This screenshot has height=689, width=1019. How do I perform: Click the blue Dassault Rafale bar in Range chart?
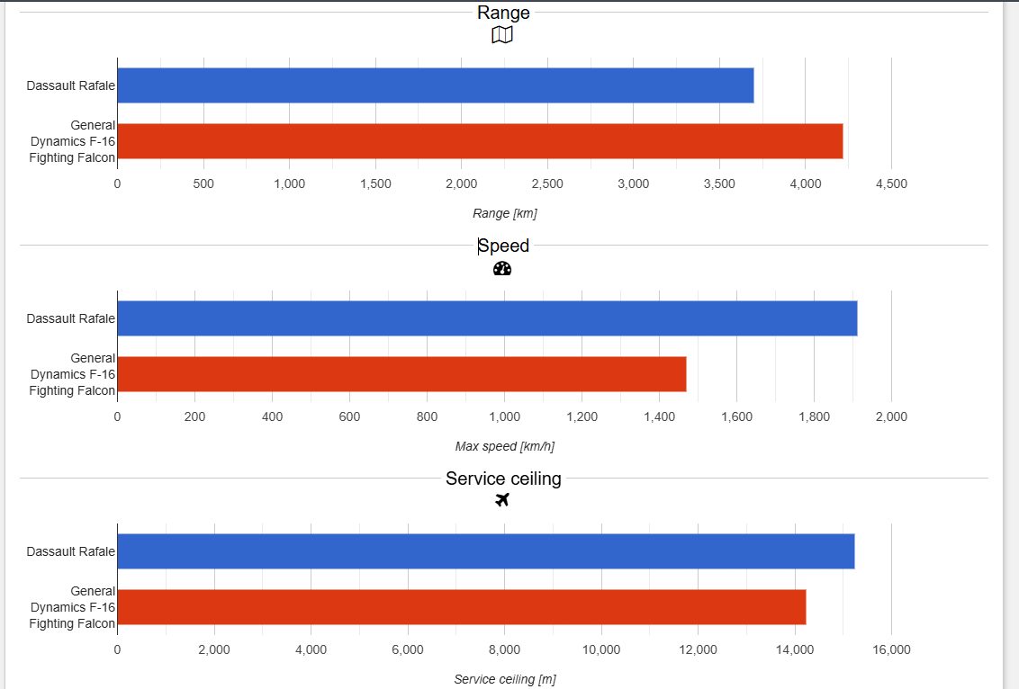pos(435,85)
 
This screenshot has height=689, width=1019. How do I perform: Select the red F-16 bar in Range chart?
pos(480,141)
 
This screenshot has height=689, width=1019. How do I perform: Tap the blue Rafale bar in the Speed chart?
pos(487,318)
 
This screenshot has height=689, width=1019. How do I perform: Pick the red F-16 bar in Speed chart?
pos(401,374)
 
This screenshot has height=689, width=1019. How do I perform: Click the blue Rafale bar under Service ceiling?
pos(485,551)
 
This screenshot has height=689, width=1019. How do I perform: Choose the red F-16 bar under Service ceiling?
pos(461,607)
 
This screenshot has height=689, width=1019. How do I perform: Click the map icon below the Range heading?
pos(502,35)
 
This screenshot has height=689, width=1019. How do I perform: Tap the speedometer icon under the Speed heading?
pos(502,268)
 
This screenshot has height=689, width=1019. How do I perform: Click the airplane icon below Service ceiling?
pos(502,500)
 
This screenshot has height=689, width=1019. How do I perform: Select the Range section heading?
pos(503,13)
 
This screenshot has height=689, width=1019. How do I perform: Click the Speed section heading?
pos(503,246)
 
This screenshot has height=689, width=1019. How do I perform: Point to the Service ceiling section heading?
pos(503,479)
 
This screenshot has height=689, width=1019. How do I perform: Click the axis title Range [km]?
pos(504,214)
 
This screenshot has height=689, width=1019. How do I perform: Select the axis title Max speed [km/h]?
pos(504,446)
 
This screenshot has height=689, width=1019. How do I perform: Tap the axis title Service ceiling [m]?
pos(504,679)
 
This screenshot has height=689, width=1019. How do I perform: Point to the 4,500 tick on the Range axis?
pos(891,184)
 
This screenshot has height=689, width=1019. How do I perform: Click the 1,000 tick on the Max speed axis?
pos(504,417)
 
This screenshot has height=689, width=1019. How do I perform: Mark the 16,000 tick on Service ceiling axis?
pos(890,650)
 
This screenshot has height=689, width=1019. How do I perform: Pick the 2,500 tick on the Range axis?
pos(547,184)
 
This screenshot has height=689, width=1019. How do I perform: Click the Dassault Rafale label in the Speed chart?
pos(71,318)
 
